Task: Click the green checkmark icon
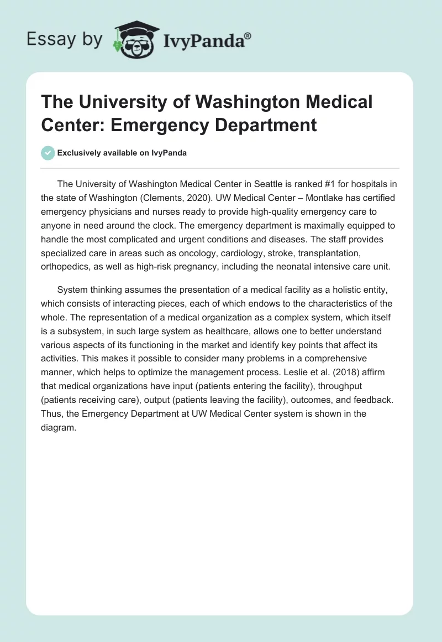48,153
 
